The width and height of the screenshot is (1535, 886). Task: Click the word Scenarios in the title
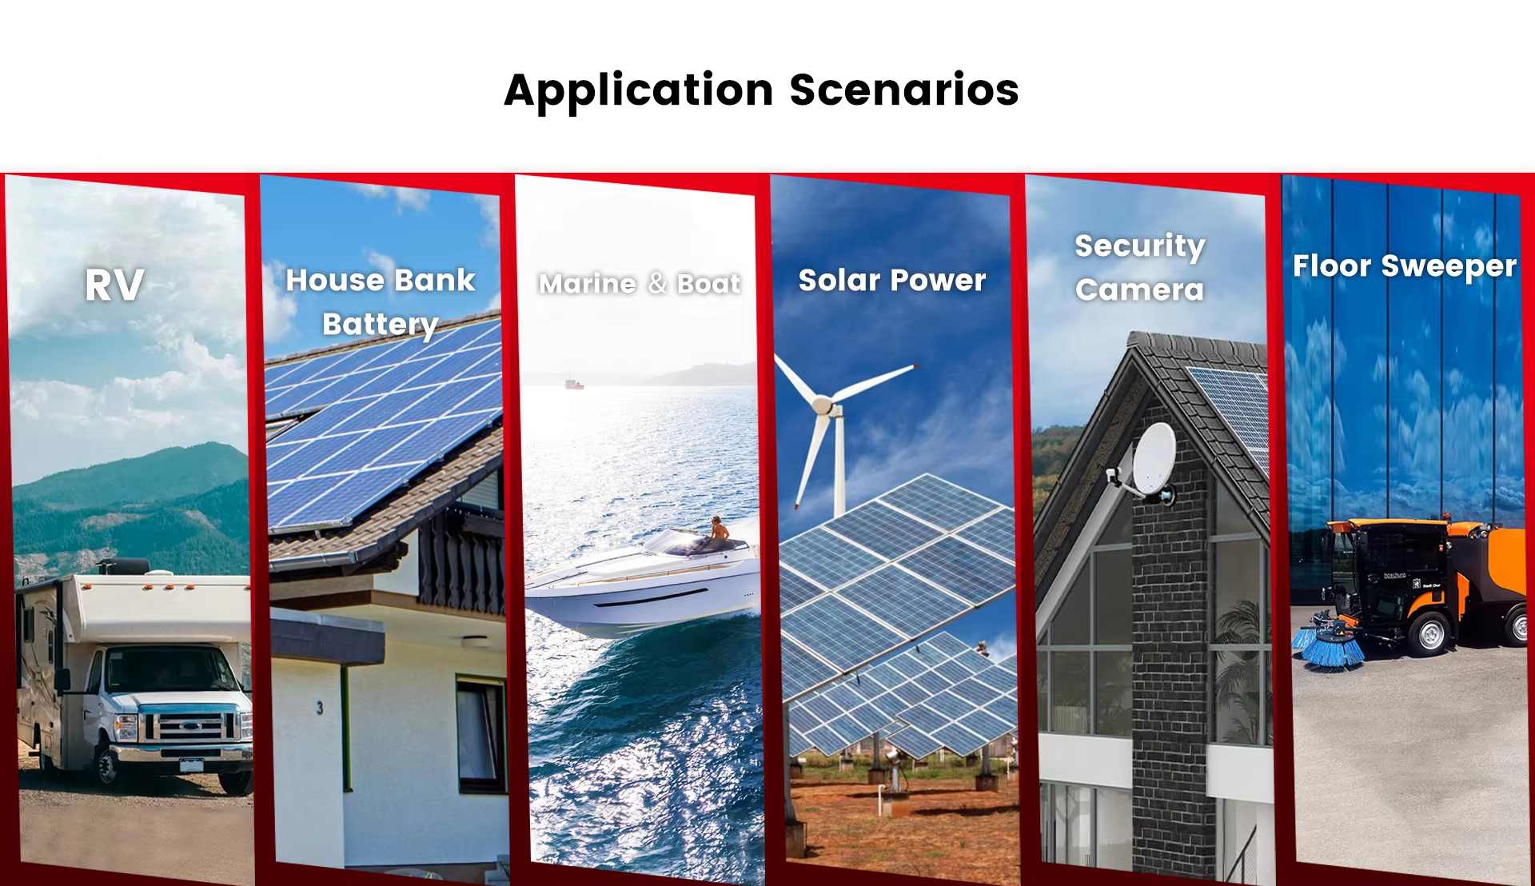point(904,90)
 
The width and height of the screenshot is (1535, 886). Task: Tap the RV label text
point(114,285)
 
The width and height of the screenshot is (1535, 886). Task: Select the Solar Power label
point(892,281)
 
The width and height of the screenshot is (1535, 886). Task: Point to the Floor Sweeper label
point(1404,266)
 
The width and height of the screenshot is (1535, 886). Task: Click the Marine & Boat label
point(640,284)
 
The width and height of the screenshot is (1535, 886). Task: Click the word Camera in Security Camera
point(1139,289)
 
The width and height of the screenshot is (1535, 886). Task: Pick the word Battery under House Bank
point(381,325)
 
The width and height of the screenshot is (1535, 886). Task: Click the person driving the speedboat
point(719,529)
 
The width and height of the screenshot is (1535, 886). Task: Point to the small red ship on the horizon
point(574,384)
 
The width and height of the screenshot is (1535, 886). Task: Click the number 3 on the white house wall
point(320,708)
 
